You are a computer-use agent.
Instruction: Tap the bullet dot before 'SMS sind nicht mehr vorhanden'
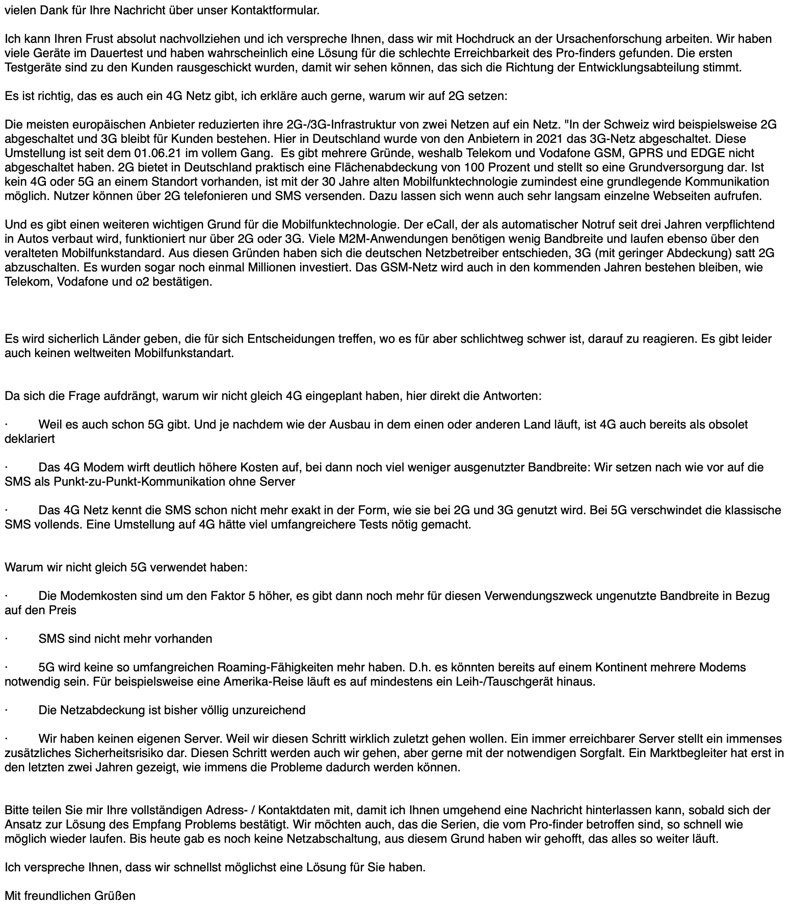(7, 639)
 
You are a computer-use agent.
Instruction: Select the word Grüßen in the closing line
(115, 896)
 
